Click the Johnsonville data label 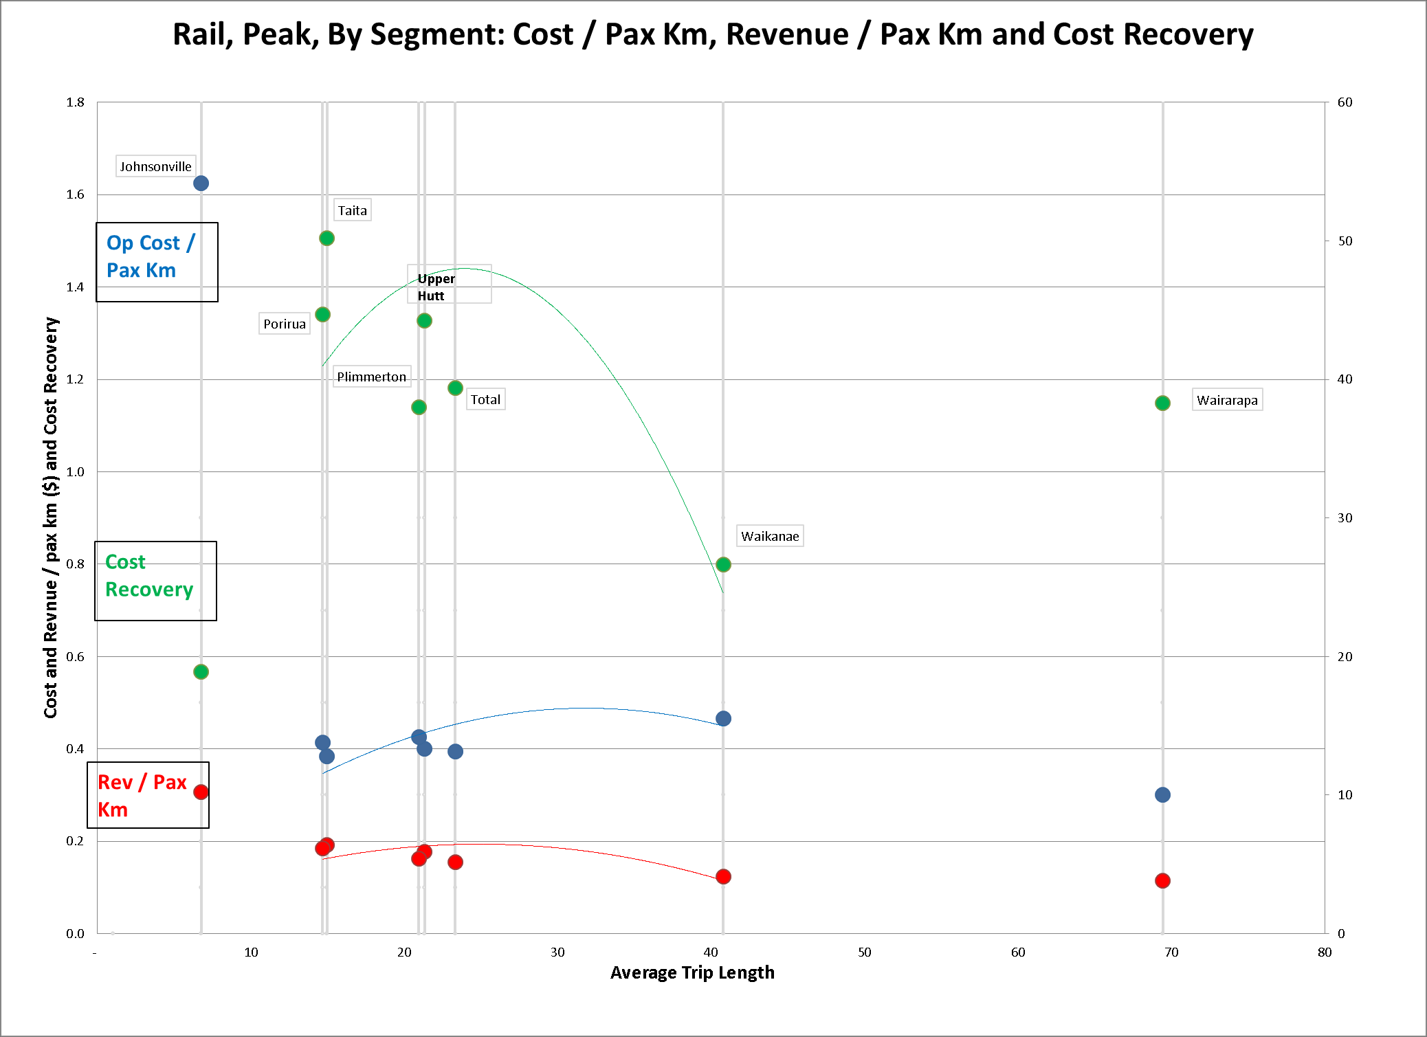155,166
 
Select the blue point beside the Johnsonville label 201,183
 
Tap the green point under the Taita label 327,238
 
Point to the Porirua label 284,324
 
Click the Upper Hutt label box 449,284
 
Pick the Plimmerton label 371,377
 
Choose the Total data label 485,399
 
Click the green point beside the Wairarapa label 1162,403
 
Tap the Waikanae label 770,536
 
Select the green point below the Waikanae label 723,564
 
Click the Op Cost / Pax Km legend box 157,262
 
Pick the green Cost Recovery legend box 155,581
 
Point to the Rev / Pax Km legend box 148,795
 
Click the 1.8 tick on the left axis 75,102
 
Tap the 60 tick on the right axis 1345,102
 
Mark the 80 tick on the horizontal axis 1325,952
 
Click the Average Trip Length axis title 692,972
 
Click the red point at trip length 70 1162,880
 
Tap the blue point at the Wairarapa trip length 1162,794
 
